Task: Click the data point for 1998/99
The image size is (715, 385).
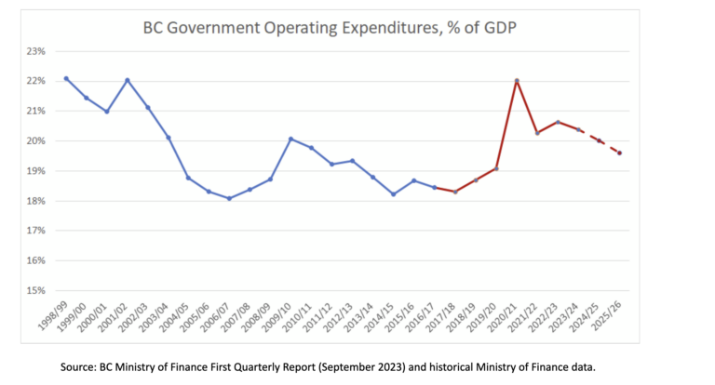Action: point(65,78)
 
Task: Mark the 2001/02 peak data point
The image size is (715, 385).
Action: point(127,80)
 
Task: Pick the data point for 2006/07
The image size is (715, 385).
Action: point(229,198)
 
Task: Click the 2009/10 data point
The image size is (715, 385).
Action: point(290,139)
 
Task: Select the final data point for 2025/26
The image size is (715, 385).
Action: point(619,153)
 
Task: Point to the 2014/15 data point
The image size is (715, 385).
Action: point(393,194)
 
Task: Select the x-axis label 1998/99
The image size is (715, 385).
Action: point(52,317)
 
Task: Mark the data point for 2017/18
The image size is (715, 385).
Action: point(455,192)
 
